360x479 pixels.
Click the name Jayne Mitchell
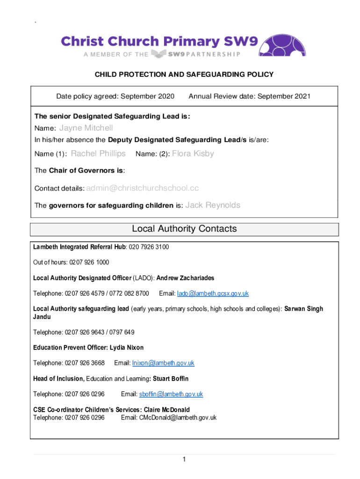(x=86, y=128)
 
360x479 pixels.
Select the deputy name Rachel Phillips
(x=98, y=153)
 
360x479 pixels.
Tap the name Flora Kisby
(x=193, y=153)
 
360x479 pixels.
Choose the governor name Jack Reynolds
(x=213, y=205)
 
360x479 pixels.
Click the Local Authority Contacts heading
(x=184, y=229)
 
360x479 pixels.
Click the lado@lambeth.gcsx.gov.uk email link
(x=213, y=293)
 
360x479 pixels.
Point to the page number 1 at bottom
(x=184, y=459)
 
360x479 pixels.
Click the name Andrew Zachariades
(x=185, y=278)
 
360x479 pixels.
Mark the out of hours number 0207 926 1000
(x=89, y=262)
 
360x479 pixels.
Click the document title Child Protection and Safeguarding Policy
(x=184, y=74)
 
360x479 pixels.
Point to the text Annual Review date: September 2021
(x=249, y=96)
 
